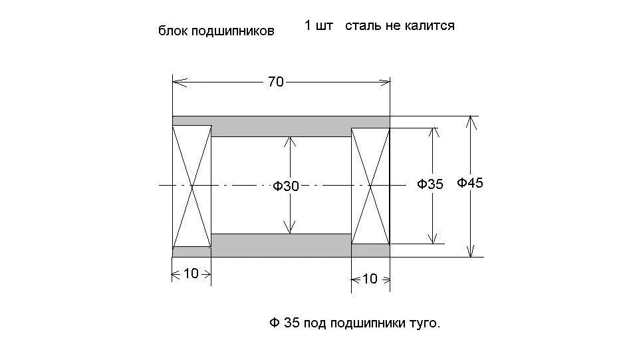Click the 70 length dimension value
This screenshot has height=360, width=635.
276,82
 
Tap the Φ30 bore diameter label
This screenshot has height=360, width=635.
285,186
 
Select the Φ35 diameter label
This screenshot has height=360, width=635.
430,184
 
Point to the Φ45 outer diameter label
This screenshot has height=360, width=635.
470,183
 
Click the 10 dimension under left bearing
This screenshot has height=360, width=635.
191,273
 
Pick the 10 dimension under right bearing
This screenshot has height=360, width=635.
370,279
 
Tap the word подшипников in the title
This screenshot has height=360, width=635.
233,31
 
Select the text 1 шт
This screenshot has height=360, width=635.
318,25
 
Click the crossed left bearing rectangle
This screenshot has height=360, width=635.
192,186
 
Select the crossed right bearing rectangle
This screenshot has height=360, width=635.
370,186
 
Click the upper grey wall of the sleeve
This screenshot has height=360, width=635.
281,126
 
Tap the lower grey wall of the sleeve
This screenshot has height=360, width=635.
281,246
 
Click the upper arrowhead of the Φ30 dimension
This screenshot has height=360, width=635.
289,142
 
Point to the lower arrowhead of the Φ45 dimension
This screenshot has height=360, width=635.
471,251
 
